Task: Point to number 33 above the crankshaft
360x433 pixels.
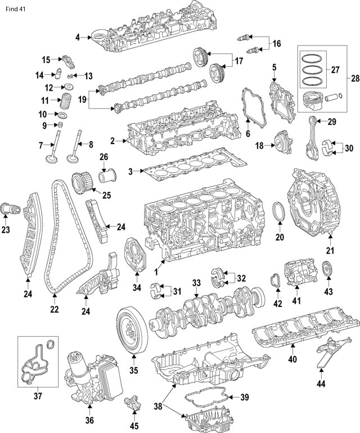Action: click(x=196, y=282)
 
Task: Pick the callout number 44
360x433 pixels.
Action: click(x=321, y=385)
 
